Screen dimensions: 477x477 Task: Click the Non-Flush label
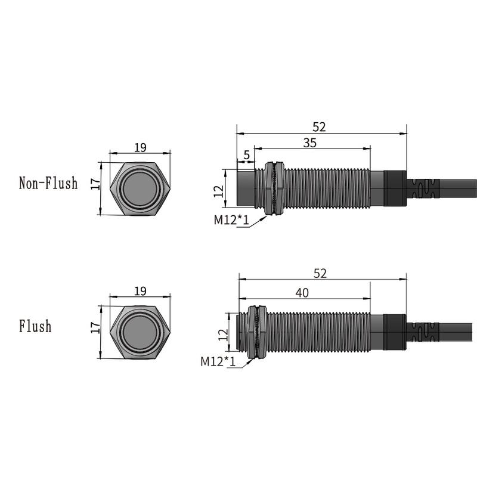48,183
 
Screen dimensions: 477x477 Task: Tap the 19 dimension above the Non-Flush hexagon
140,147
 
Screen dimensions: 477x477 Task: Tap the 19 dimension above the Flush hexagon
140,291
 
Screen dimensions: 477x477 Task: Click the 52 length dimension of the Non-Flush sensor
320,127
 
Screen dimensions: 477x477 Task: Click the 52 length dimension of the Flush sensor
320,273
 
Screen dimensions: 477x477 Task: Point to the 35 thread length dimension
310,143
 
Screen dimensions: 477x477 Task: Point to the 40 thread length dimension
303,292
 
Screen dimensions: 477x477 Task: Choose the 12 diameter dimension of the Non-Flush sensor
218,191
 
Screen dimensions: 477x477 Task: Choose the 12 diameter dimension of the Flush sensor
222,334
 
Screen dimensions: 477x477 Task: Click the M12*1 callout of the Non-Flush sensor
231,220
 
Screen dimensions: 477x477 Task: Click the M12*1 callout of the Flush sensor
218,361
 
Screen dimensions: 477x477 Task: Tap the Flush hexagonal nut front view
141,332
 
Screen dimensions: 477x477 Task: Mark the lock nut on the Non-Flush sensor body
274,187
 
